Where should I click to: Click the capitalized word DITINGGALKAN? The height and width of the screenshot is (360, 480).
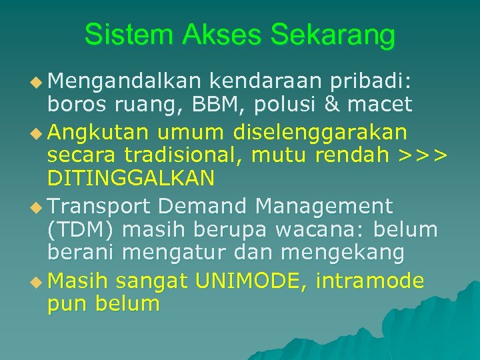coord(131,178)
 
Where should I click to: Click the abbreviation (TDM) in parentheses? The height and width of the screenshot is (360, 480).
coord(83,229)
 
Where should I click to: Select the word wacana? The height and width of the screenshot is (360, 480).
coord(321,229)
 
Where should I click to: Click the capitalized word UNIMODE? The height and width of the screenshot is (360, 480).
coord(251,281)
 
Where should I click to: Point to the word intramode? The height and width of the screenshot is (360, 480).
coord(370,281)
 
